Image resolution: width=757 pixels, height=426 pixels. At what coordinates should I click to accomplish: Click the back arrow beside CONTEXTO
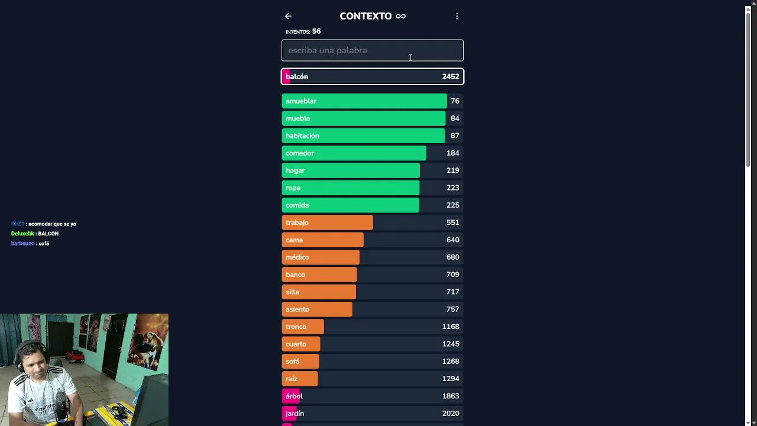coord(288,16)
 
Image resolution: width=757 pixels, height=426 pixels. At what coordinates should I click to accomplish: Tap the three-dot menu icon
coord(457,16)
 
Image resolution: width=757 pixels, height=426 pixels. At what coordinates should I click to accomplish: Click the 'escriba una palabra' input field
coord(373,50)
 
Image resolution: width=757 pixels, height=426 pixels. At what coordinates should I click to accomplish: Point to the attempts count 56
coord(316,31)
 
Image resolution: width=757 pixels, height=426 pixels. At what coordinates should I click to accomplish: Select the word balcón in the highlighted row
coord(297,76)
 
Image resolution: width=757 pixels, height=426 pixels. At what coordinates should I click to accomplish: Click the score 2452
coord(451,76)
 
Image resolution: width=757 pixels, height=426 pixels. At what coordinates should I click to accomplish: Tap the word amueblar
coord(301,101)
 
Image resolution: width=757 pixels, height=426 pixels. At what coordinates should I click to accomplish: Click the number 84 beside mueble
coord(455,118)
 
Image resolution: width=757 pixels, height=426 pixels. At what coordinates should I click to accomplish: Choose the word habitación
coord(302,135)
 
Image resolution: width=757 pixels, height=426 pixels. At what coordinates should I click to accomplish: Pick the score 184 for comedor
coord(452,153)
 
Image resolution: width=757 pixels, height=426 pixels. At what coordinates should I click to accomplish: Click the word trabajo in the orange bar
coord(297,222)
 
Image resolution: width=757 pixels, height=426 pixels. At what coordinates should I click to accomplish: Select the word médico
coord(297,257)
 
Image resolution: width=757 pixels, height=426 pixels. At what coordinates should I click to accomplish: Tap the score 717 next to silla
coord(452,292)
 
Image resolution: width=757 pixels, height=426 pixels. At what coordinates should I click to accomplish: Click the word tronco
coord(296,327)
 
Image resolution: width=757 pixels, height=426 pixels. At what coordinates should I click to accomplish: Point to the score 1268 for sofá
coord(451,362)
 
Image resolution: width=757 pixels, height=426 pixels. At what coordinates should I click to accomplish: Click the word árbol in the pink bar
coord(294,396)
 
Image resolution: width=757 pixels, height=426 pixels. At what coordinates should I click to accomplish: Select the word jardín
coord(295,414)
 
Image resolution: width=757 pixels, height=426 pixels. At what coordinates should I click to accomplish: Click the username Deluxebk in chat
coord(22,234)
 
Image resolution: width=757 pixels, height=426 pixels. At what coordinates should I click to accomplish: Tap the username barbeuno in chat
coord(22,243)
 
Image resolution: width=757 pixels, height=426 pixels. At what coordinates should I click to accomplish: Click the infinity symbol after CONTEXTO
coord(400,16)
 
